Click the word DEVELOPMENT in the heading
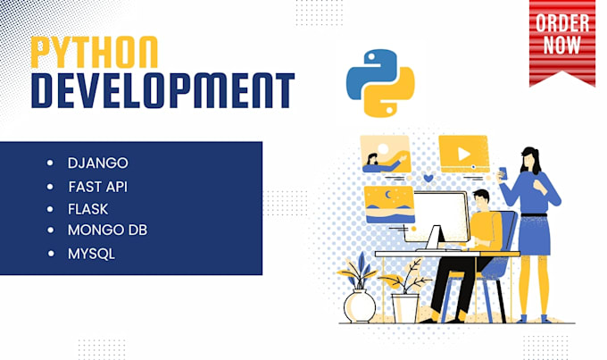[161, 92]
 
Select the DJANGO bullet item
[97, 163]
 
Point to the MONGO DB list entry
[107, 230]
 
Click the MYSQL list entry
[91, 254]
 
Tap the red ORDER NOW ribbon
[562, 40]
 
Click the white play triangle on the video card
[463, 154]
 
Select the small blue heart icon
[428, 178]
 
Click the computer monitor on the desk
[442, 218]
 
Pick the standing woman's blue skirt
[533, 234]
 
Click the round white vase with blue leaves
[360, 306]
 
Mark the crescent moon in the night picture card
[386, 196]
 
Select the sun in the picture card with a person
[383, 147]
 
